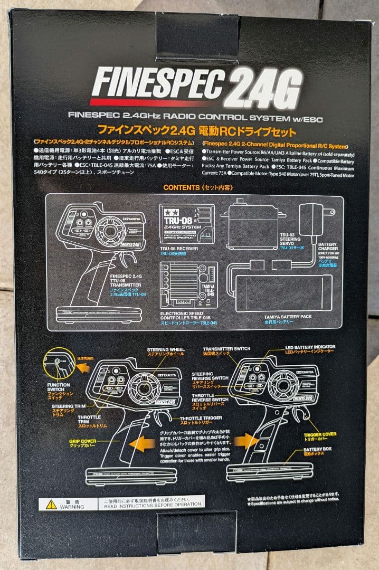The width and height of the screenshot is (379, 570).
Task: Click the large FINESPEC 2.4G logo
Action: coord(196,84)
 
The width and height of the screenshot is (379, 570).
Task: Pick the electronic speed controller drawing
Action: coord(187,286)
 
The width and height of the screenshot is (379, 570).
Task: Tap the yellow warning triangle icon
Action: coord(51,504)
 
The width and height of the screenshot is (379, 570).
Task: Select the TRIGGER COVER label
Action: coord(319,435)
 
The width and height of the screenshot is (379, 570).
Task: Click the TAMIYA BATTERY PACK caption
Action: coord(288,318)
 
